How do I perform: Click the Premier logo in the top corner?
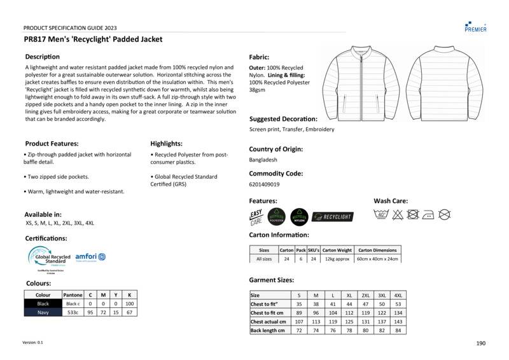476,25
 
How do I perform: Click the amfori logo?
90,256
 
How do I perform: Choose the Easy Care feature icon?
256,217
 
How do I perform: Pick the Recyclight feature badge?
332,217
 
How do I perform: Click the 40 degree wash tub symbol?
382,215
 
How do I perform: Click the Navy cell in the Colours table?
43,312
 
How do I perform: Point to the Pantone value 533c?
73,312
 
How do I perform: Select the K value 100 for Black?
130,304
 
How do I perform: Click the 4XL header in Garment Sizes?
399,295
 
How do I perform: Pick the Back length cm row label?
268,331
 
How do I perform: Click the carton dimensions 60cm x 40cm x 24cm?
377,259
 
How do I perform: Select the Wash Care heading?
390,201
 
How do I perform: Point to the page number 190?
480,343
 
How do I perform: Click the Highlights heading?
166,144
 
